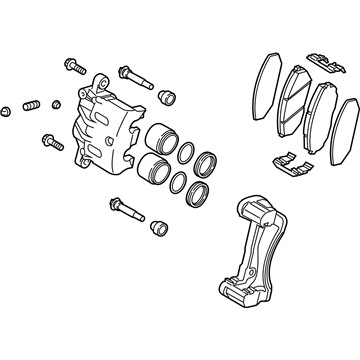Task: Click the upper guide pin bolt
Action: [x=134, y=75]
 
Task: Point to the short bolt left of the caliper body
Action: [x=50, y=141]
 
